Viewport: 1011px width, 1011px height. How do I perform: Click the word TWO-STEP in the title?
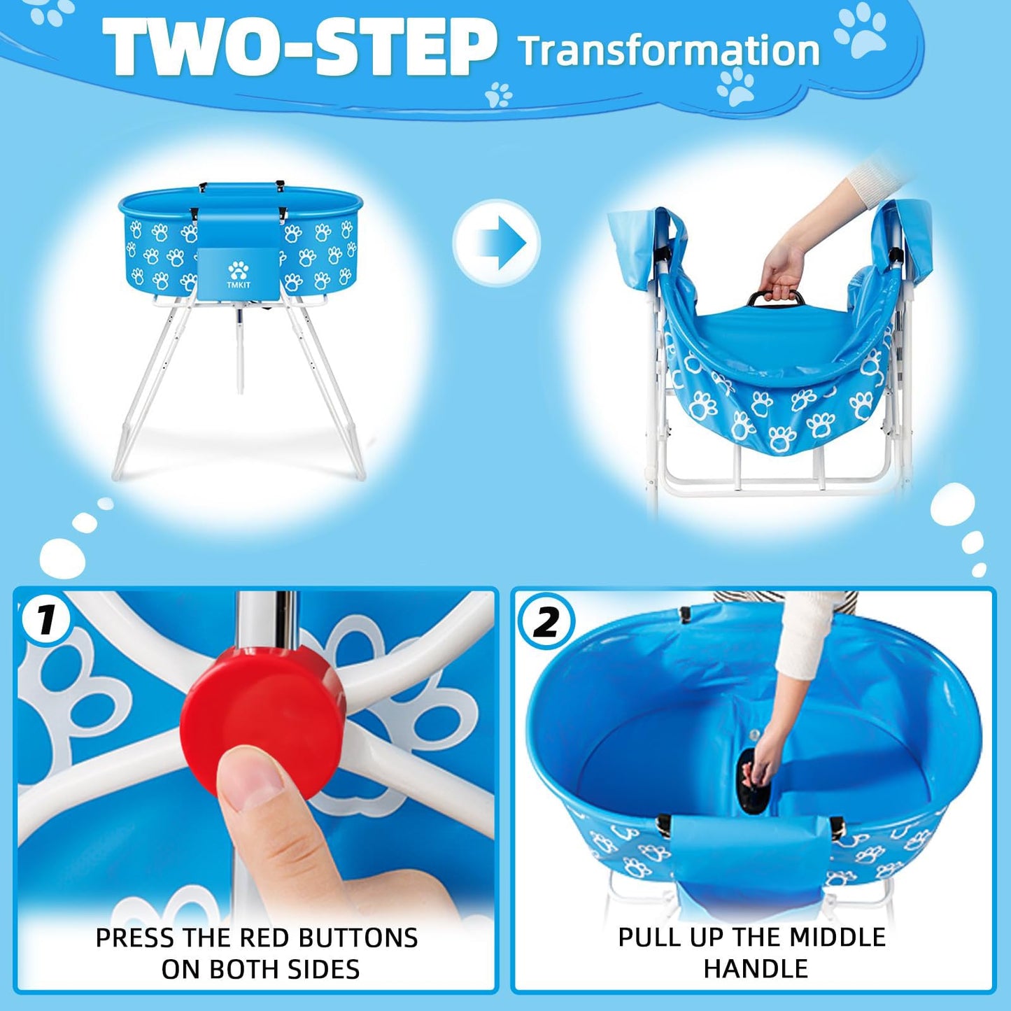tap(299, 48)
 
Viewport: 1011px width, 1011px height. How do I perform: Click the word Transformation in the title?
tap(668, 50)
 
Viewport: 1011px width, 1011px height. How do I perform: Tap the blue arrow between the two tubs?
tap(497, 243)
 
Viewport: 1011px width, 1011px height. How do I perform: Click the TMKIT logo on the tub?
tap(238, 276)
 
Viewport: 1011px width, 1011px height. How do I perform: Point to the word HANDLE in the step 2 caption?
tap(755, 969)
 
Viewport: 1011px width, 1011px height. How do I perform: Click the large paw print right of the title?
tap(861, 32)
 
